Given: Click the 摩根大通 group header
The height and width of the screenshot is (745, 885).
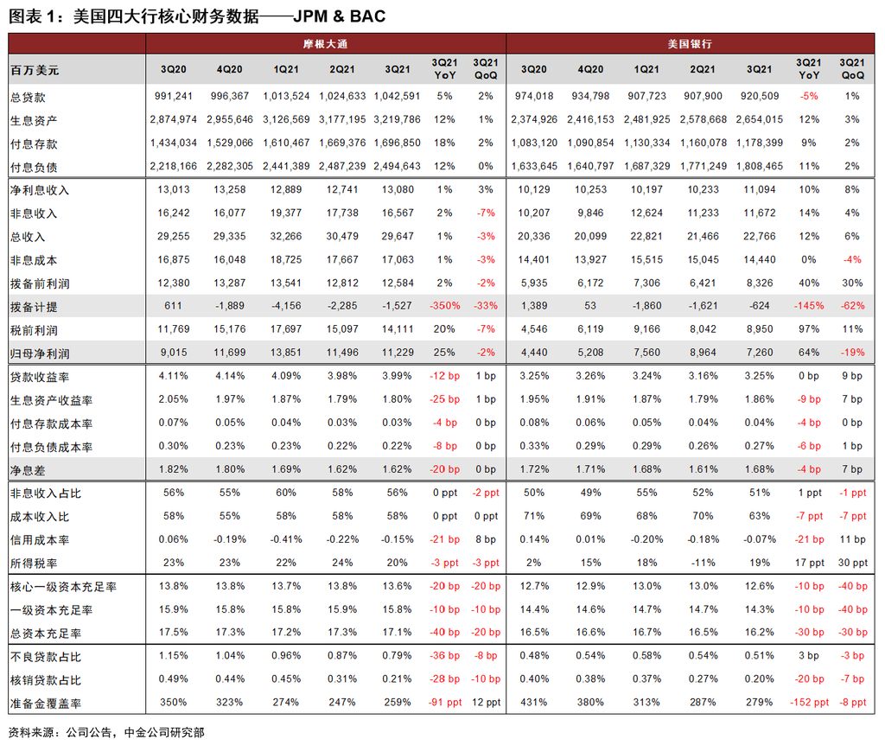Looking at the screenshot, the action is coord(325,44).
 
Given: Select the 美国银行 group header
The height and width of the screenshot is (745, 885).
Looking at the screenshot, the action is coord(690,44).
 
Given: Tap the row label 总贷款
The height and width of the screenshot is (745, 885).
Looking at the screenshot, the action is coord(28,97).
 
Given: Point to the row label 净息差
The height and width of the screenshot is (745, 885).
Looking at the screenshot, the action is coord(28,470).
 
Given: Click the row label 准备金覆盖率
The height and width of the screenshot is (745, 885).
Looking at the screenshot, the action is coord(46,704).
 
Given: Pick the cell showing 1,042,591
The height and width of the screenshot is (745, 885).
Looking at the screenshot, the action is coord(398,96).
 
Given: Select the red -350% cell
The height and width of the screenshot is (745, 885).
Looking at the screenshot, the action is coord(445,306).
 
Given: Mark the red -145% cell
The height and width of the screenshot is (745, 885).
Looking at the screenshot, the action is coord(809,306).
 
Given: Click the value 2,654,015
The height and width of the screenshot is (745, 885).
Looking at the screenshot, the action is coord(759,119).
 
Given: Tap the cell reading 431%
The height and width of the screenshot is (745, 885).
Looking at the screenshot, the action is coord(533,702).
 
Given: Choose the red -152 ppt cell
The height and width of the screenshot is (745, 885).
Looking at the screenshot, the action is coord(809,702).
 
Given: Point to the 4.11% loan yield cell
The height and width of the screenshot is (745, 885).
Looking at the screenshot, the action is coord(173,376).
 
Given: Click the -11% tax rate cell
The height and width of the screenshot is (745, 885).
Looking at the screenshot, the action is coord(703,563).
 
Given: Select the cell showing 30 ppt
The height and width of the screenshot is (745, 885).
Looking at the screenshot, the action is coord(853,563).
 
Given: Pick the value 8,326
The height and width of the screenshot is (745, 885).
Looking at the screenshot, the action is coord(759,283).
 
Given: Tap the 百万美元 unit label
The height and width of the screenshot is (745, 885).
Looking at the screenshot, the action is coord(35,70).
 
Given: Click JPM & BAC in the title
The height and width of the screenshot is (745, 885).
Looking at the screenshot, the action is coord(339,16).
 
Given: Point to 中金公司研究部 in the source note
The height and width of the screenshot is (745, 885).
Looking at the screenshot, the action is coord(164,733).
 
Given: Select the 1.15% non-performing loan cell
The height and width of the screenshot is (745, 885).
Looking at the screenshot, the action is coord(173,656).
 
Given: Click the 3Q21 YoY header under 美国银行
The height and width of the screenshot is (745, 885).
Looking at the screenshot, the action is coord(809,69).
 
